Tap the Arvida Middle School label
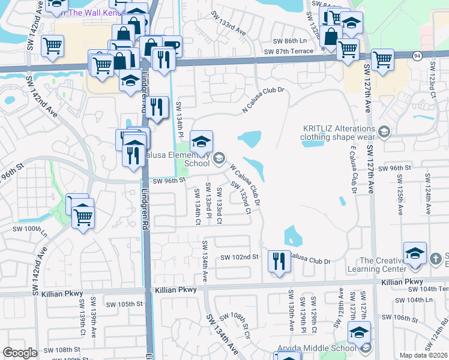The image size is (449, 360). (x=317, y=349)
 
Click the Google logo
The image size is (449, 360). (x=20, y=353)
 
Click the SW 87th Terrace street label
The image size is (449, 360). (x=293, y=51)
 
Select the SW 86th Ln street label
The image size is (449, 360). (x=289, y=41)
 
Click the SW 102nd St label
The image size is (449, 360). (x=239, y=257)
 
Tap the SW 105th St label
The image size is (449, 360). (x=124, y=304)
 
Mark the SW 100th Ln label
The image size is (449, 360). (x=30, y=229)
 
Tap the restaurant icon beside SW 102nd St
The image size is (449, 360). (x=278, y=261)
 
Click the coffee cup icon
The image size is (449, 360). (x=171, y=47)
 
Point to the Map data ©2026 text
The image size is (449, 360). (x=423, y=355)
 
